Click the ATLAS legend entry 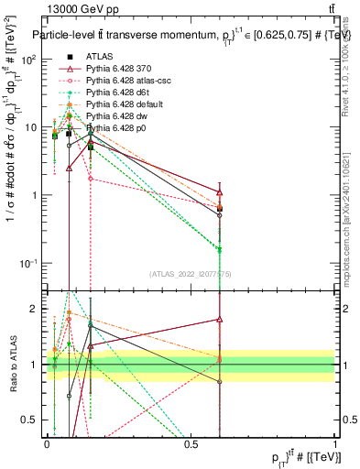pos(101,57)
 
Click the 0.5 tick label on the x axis pos(191,443)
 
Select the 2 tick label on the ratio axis pos(35,309)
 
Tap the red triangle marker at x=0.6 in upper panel pos(220,192)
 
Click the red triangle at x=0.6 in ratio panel pos(220,319)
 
